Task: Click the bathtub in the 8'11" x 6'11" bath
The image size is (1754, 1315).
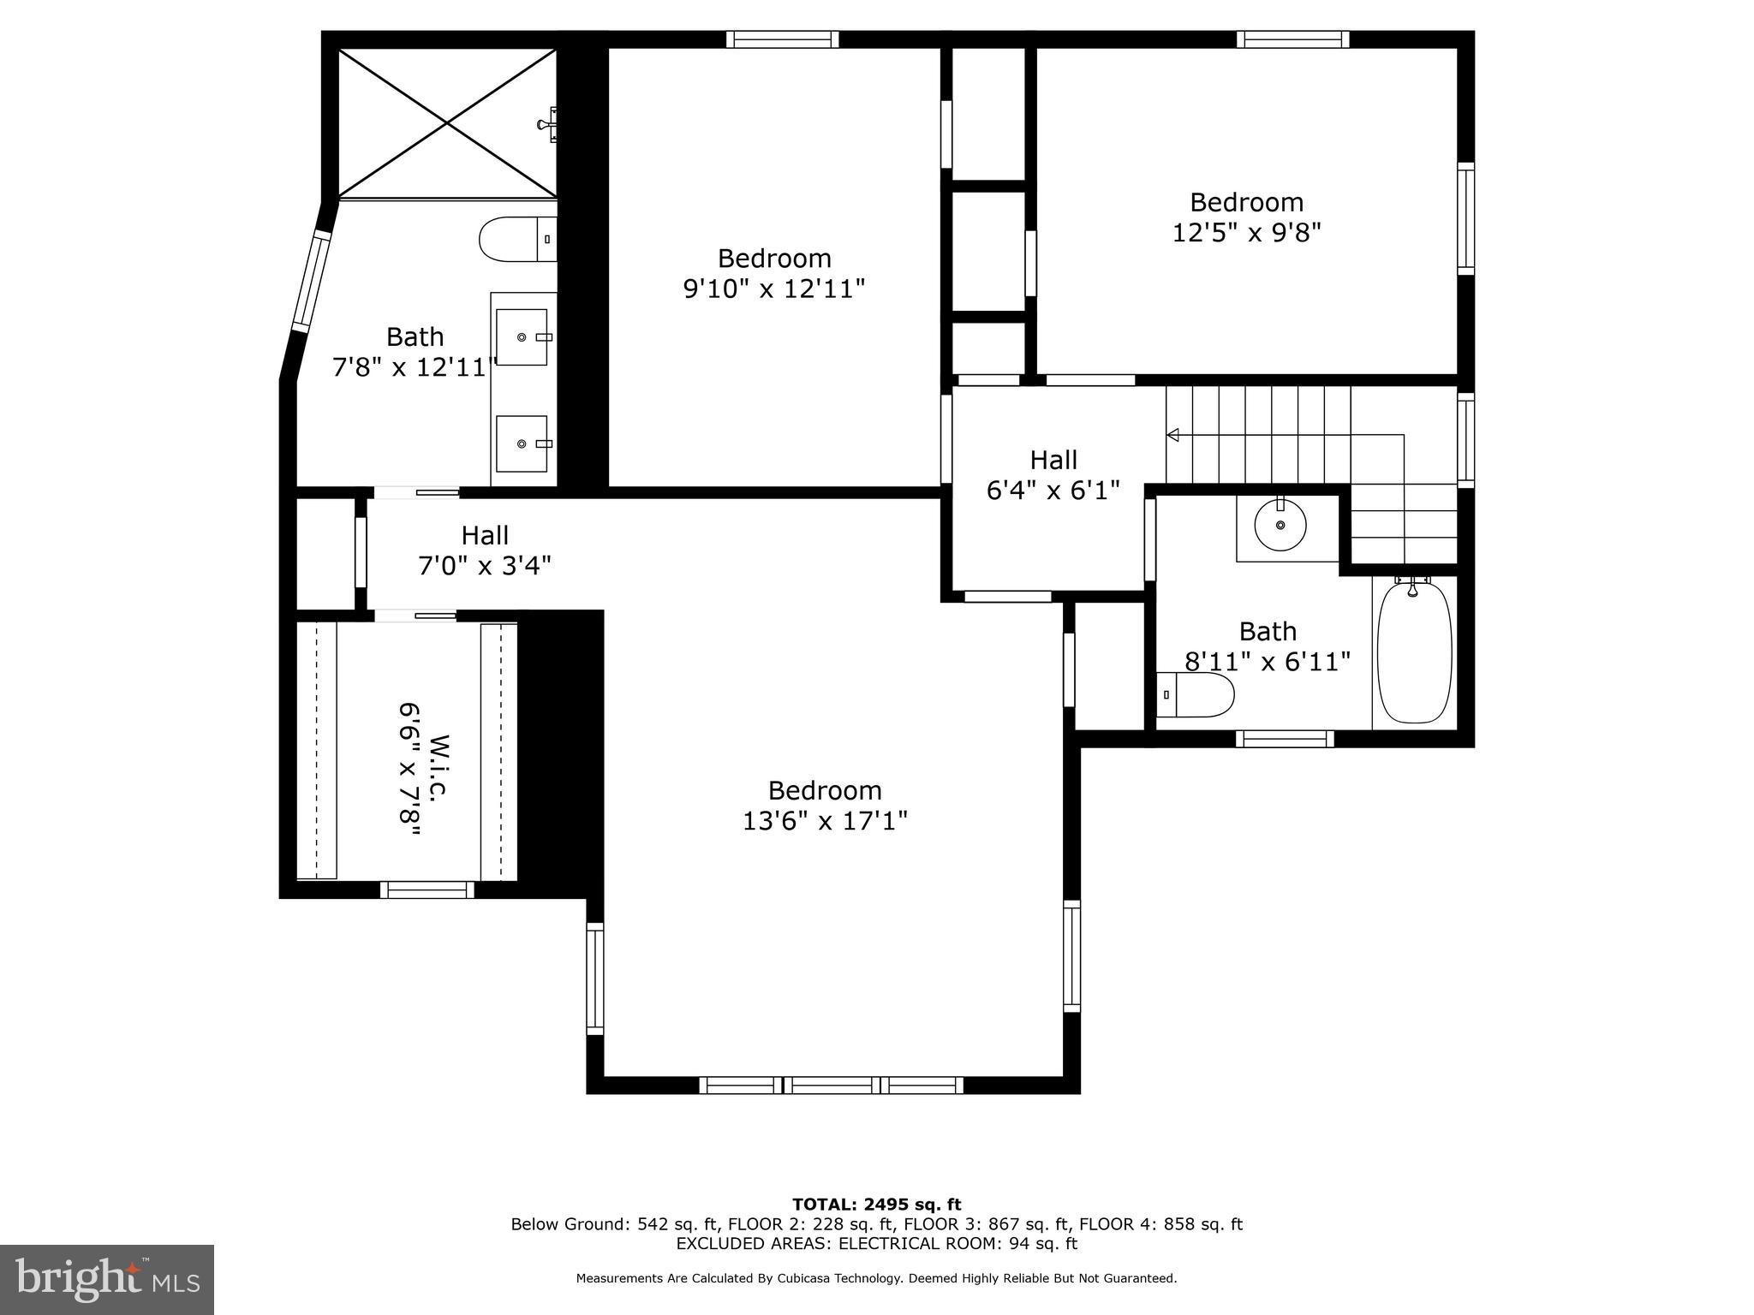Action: click(1414, 653)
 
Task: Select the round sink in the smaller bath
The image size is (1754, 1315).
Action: click(1280, 526)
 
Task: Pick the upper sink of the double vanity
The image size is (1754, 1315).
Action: click(522, 337)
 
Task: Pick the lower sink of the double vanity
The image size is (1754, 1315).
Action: click(522, 443)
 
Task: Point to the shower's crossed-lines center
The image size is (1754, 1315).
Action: click(447, 123)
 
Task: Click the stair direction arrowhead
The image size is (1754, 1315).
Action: click(1173, 435)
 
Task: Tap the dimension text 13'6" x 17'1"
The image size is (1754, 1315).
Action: click(825, 821)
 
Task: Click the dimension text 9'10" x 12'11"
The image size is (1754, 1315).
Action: click(774, 289)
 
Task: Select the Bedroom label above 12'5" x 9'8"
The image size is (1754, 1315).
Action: click(1246, 203)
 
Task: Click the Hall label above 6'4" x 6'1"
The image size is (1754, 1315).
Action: click(1053, 461)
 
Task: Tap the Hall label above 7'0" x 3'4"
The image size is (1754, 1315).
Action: click(485, 536)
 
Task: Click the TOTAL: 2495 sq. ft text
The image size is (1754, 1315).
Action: click(876, 1205)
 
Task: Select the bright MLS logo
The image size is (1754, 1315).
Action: click(107, 1279)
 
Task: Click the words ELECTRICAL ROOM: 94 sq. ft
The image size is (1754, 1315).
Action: click(958, 1243)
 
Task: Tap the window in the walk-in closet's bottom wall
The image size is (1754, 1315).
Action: click(427, 890)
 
